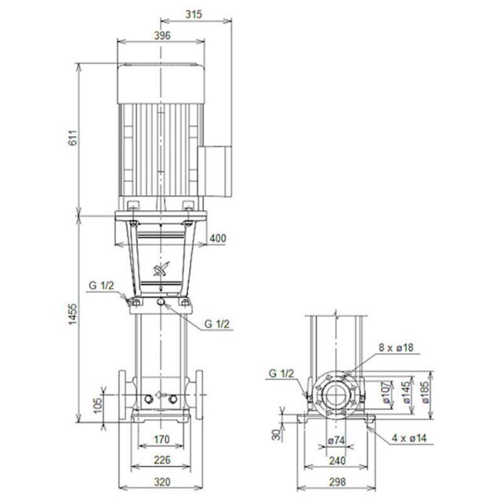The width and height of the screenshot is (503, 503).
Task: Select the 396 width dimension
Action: pos(161,35)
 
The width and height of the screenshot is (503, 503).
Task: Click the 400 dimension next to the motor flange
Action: pos(218,239)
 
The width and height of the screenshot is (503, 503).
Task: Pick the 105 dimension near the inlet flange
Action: pos(98,405)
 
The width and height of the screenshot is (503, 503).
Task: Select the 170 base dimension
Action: pos(161,440)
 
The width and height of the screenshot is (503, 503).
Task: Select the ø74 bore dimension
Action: pos(336,440)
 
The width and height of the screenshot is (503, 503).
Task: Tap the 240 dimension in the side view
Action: pos(336,461)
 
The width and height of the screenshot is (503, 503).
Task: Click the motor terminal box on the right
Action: pos(215,171)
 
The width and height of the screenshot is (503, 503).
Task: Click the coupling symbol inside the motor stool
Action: pos(160,271)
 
